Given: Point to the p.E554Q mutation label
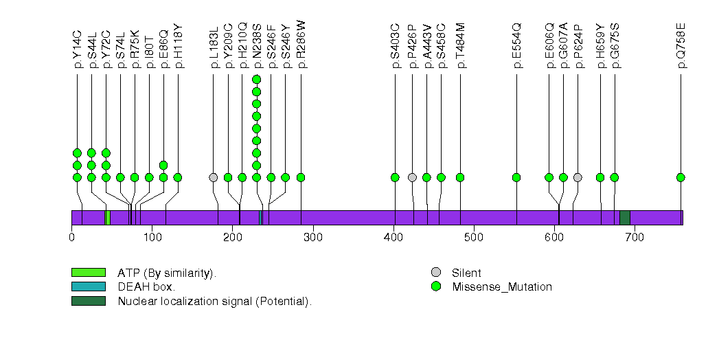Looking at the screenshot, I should point(516,47).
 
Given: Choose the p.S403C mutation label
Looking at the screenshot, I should point(395,47).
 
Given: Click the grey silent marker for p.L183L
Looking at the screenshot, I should point(214,177).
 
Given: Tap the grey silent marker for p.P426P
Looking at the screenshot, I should point(412,177).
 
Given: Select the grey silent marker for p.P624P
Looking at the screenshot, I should point(578,177).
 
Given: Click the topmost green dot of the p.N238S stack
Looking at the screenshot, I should point(256,79).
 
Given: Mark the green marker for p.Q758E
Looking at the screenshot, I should point(681,177).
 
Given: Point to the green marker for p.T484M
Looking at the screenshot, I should point(460,177).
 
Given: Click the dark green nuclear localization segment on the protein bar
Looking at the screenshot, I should point(625,218).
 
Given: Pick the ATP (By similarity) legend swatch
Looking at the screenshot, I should point(88,273).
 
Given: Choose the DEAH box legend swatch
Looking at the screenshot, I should point(88,286).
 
